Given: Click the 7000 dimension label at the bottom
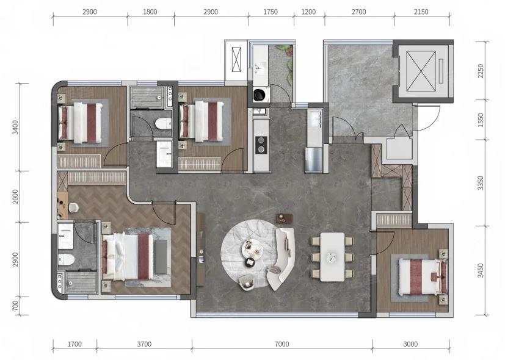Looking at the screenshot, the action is [282, 344].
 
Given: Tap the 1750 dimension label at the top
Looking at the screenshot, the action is [271, 12].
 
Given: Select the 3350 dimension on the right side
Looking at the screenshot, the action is [481, 182].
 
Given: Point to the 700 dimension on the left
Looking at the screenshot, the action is [15, 306].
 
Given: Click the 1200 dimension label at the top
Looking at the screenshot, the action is [308, 12].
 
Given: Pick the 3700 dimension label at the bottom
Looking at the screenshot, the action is [144, 344].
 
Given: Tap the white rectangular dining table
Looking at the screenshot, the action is [332, 257].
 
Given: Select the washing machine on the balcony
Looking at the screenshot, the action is [260, 95].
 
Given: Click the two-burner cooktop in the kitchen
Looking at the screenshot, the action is [261, 145].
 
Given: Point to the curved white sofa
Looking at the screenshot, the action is [282, 258].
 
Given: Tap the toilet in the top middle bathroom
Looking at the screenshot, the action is [163, 123].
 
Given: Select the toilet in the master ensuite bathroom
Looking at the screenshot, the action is [67, 259].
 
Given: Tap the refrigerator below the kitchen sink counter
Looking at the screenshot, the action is [314, 160].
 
